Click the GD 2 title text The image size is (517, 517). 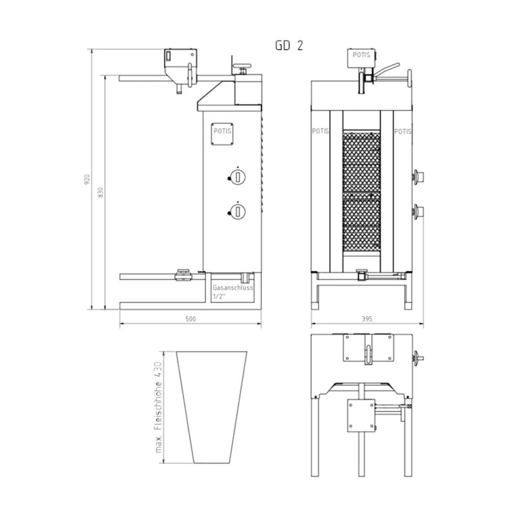tap(289, 45)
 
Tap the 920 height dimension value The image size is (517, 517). tap(87, 179)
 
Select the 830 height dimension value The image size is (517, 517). tap(101, 193)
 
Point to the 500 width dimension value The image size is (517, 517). tap(191, 319)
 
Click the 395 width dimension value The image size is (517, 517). tap(367, 319)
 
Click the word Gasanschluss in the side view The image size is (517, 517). tap(233, 288)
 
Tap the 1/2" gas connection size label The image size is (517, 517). tap(218, 296)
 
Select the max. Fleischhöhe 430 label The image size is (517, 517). tap(158, 407)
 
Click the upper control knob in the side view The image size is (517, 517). tap(237, 177)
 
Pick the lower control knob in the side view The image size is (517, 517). tap(237, 211)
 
